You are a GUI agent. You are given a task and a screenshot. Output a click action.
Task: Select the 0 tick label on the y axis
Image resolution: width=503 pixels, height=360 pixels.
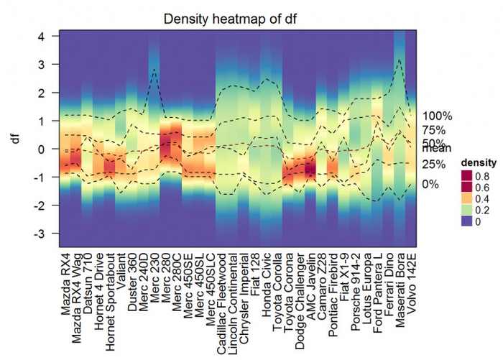coord(41,149)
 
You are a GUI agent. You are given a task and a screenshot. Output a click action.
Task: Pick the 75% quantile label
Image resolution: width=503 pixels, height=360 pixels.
coord(434,130)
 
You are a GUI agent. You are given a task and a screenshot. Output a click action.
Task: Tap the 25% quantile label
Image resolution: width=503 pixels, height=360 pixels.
coord(434,164)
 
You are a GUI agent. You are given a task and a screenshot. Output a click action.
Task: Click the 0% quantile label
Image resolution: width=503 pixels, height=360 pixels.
coord(431,184)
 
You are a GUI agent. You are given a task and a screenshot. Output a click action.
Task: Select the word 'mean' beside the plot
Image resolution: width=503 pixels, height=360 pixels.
coord(435,149)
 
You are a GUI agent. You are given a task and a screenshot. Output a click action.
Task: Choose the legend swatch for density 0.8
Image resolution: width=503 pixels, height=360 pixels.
coord(467,175)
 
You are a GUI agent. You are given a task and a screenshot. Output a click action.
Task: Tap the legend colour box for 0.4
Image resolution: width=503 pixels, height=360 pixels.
coord(467,199)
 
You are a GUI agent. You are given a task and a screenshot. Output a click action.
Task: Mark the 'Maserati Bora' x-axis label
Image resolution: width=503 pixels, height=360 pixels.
coord(399,291)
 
